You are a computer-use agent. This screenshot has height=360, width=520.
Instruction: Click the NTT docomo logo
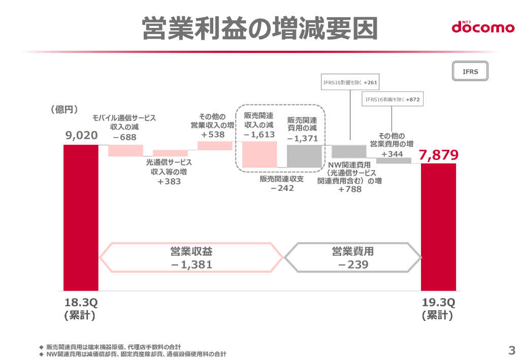[x=483, y=27]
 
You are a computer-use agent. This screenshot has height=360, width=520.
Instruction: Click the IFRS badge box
[x=470, y=72]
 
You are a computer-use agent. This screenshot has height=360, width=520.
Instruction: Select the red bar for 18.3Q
[x=81, y=217]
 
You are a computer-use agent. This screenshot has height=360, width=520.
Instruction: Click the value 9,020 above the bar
[x=81, y=136]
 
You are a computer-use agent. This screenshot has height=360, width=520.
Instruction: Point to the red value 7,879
[x=439, y=155]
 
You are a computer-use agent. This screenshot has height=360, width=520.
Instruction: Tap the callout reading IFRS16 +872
[x=393, y=100]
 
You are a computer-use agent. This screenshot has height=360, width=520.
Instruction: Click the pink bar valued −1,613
[x=259, y=154]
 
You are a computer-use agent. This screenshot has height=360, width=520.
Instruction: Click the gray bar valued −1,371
[x=304, y=156]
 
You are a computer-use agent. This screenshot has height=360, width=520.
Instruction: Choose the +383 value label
[x=169, y=181]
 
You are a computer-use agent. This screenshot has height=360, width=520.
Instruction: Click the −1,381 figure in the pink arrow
[x=191, y=265]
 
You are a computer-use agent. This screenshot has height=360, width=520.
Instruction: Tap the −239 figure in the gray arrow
[x=352, y=265]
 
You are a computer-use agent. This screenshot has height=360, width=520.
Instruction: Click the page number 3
[x=511, y=350]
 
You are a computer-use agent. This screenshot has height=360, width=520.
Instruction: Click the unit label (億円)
[x=64, y=109]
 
